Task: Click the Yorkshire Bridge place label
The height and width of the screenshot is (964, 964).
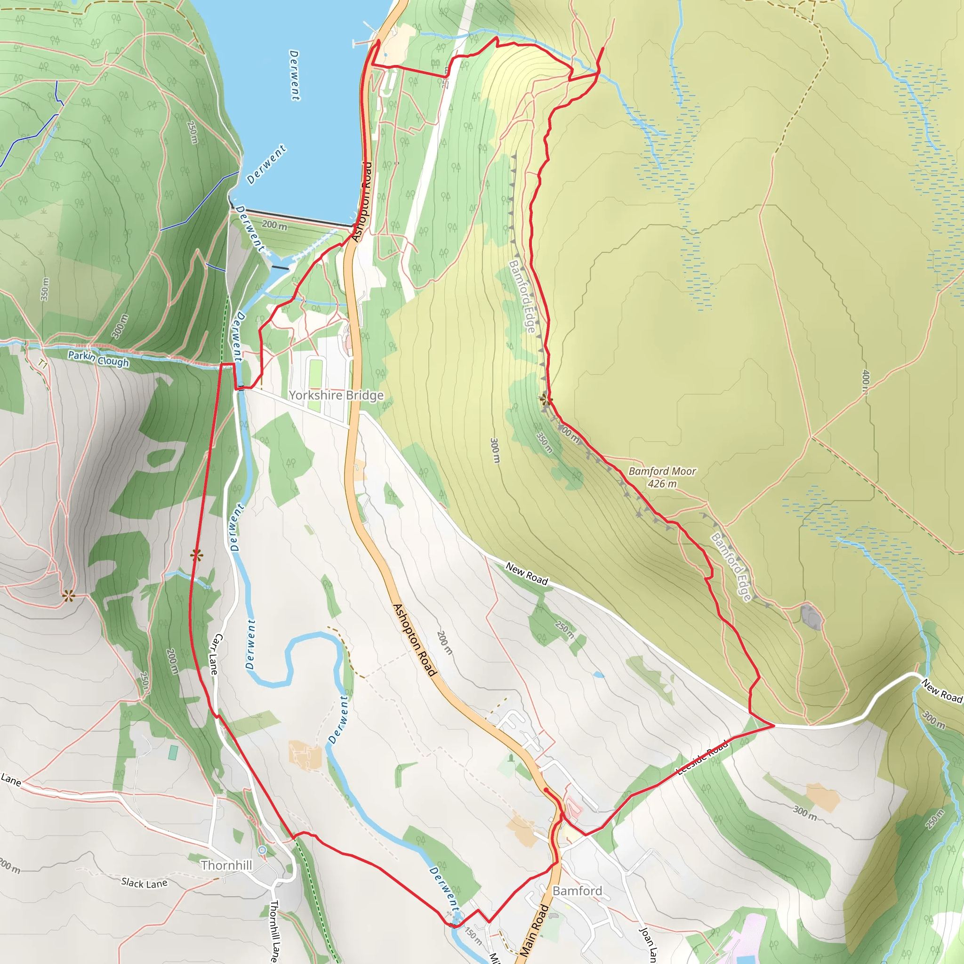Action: click(x=336, y=395)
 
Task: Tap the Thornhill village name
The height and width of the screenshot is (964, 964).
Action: click(x=226, y=865)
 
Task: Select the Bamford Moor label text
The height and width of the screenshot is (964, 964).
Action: click(x=662, y=471)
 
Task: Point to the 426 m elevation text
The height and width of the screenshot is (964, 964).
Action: click(x=662, y=483)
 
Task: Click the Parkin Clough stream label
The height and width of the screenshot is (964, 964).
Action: click(x=98, y=359)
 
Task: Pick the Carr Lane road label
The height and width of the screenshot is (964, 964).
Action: click(x=215, y=654)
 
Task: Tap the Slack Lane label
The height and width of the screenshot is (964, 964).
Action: click(x=144, y=883)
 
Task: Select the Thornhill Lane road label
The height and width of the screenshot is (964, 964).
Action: click(x=274, y=931)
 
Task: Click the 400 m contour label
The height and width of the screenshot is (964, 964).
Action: click(x=866, y=382)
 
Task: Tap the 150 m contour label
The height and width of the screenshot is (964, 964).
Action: click(x=473, y=936)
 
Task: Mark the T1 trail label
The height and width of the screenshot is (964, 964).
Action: click(x=43, y=365)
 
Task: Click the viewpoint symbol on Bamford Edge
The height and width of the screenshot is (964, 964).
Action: click(x=546, y=399)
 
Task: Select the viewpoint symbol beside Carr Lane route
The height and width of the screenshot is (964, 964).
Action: click(x=197, y=555)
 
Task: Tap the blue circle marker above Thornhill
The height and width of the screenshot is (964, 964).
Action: click(x=263, y=850)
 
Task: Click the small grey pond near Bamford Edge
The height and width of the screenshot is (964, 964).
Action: click(x=811, y=616)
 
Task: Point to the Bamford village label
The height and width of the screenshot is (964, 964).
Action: click(x=577, y=891)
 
